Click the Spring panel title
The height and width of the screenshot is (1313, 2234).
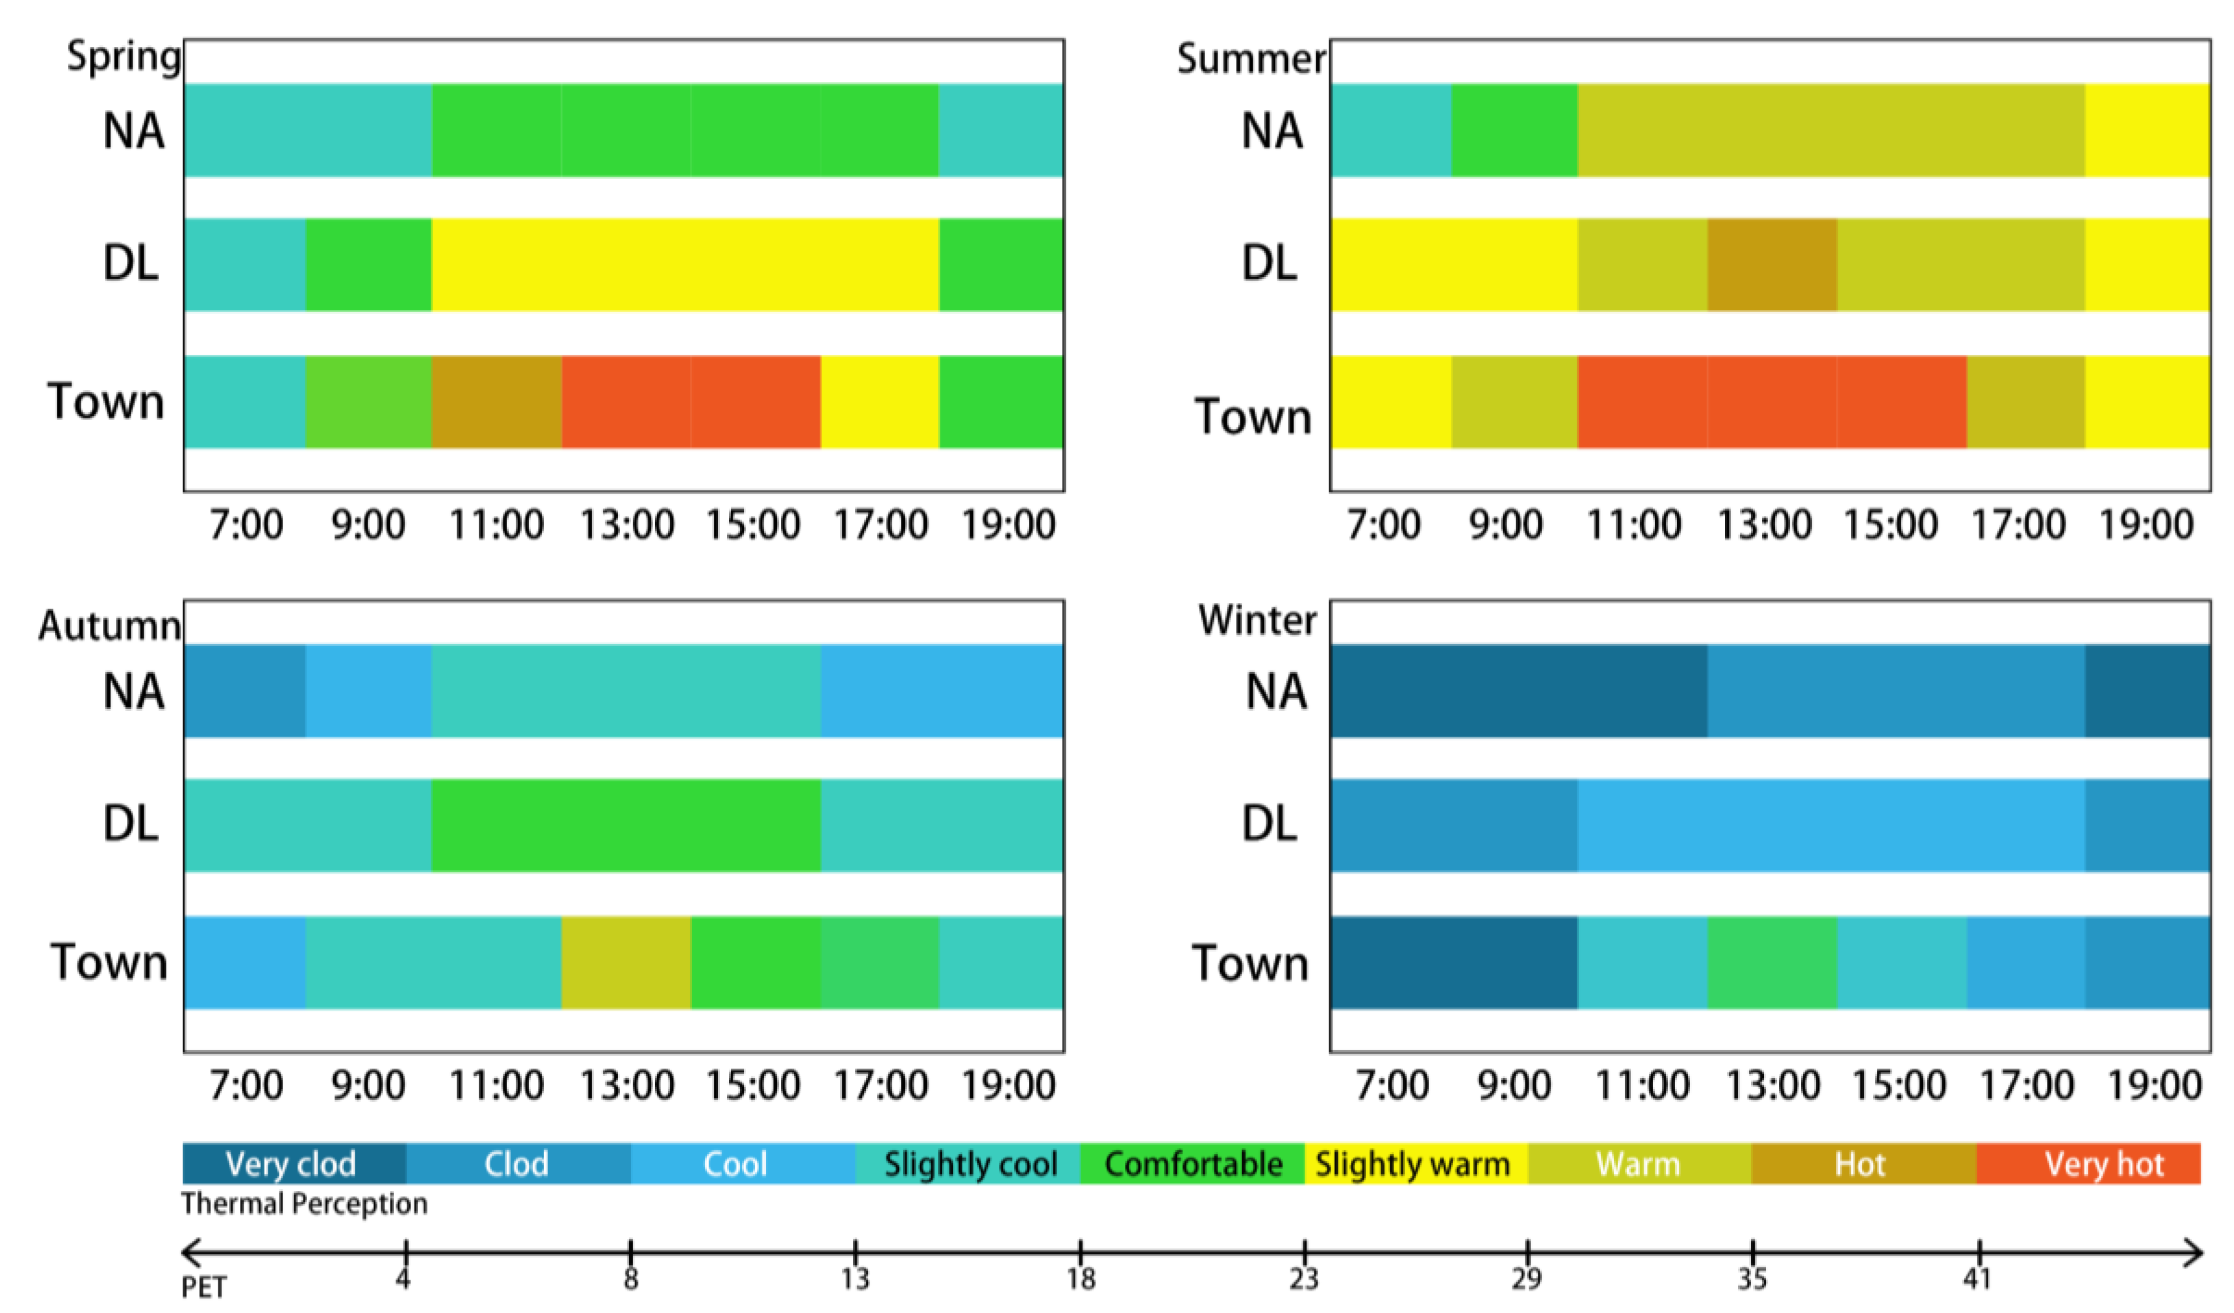tap(124, 57)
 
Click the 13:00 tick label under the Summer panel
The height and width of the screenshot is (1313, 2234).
tap(1764, 525)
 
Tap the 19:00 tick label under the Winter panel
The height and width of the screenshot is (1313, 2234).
tap(2154, 1085)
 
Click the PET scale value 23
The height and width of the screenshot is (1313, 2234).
tap(1303, 1278)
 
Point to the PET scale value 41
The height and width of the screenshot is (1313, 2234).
tap(1977, 1278)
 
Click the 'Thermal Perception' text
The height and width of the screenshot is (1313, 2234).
tap(304, 1204)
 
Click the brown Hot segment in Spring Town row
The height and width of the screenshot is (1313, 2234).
tap(497, 402)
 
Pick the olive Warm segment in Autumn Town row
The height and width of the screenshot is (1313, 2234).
tap(626, 963)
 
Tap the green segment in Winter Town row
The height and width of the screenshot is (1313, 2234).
tap(1771, 963)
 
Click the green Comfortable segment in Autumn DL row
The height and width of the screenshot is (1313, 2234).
tap(626, 826)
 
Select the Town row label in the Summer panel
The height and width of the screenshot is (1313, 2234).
tap(1253, 416)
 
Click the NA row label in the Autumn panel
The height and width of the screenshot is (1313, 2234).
tap(133, 692)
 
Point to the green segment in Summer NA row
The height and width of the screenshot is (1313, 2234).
tap(1514, 130)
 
